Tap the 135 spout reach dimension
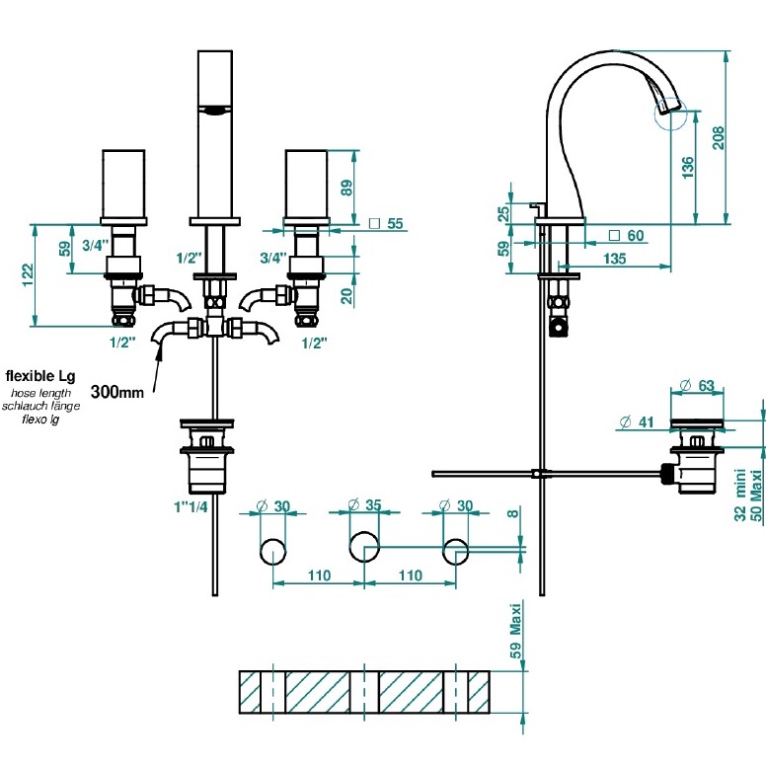click(x=616, y=260)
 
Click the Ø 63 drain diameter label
click(x=698, y=385)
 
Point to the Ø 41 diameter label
click(x=637, y=422)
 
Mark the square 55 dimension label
click(x=386, y=224)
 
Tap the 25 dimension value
click(x=503, y=212)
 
